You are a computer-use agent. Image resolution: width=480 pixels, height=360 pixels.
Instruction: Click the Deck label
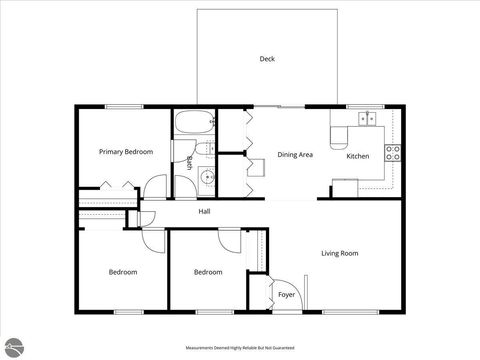pyautogui.click(x=267, y=59)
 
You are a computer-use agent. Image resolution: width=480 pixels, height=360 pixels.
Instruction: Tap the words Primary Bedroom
pyautogui.click(x=126, y=151)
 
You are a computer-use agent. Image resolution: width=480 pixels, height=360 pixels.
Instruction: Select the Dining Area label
pyautogui.click(x=295, y=155)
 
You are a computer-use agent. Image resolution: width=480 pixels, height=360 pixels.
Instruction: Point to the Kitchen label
pyautogui.click(x=358, y=156)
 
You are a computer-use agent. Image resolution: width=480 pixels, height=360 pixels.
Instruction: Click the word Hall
pyautogui.click(x=204, y=212)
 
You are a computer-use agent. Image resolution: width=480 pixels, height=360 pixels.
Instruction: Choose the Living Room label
pyautogui.click(x=339, y=253)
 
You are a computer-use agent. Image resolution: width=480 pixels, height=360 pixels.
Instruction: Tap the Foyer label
pyautogui.click(x=286, y=295)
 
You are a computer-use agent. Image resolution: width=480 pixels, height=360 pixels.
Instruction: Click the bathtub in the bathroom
pyautogui.click(x=191, y=124)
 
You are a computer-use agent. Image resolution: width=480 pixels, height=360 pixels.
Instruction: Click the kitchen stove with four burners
pyautogui.click(x=393, y=153)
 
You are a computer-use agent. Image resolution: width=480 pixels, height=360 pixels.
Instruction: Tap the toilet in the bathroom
pyautogui.click(x=205, y=150)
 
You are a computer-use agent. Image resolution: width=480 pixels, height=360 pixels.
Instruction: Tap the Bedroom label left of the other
pyautogui.click(x=123, y=272)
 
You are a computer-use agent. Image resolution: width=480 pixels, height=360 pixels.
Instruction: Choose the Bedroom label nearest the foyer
pyautogui.click(x=207, y=272)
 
